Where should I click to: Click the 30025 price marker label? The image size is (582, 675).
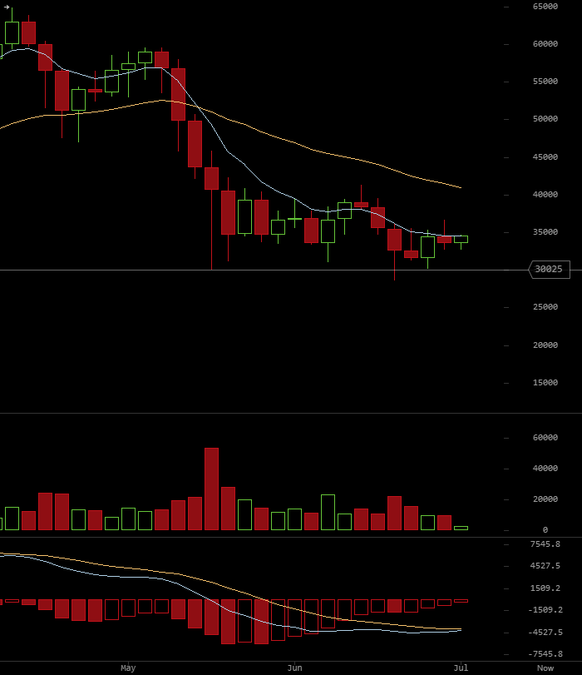549,270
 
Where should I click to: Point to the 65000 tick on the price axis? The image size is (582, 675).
545,7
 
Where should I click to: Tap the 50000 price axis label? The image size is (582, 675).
545,119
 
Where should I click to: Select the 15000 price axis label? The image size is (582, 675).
545,383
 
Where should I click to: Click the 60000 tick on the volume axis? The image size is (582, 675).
545,438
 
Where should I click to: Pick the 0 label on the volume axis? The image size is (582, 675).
545,530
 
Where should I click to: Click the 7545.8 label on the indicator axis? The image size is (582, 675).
545,544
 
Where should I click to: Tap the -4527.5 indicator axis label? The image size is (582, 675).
545,633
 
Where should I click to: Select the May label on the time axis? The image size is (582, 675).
128,668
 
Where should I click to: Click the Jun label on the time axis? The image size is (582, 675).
294,668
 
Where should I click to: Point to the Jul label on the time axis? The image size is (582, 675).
461,668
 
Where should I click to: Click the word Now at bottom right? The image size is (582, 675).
545,668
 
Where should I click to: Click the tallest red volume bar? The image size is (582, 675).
212,489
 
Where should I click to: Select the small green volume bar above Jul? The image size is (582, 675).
461,529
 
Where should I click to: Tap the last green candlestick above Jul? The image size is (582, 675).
461,240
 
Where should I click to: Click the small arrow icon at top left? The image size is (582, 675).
7,7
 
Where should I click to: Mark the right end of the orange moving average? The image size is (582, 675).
461,188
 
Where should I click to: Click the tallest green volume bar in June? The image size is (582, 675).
328,512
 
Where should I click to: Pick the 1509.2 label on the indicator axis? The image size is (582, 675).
545,588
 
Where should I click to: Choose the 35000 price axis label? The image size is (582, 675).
545,232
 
